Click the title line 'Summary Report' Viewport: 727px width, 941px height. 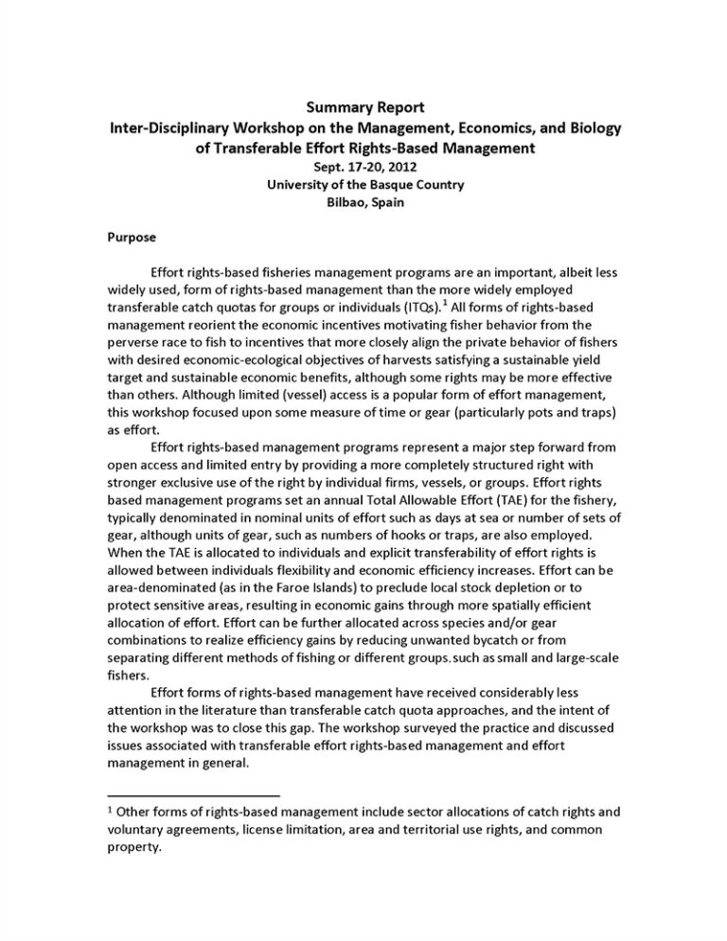coord(364,108)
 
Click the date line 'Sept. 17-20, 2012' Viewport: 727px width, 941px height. coord(364,167)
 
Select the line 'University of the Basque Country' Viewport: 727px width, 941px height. coord(364,186)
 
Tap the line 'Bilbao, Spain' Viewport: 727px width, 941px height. coord(364,204)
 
